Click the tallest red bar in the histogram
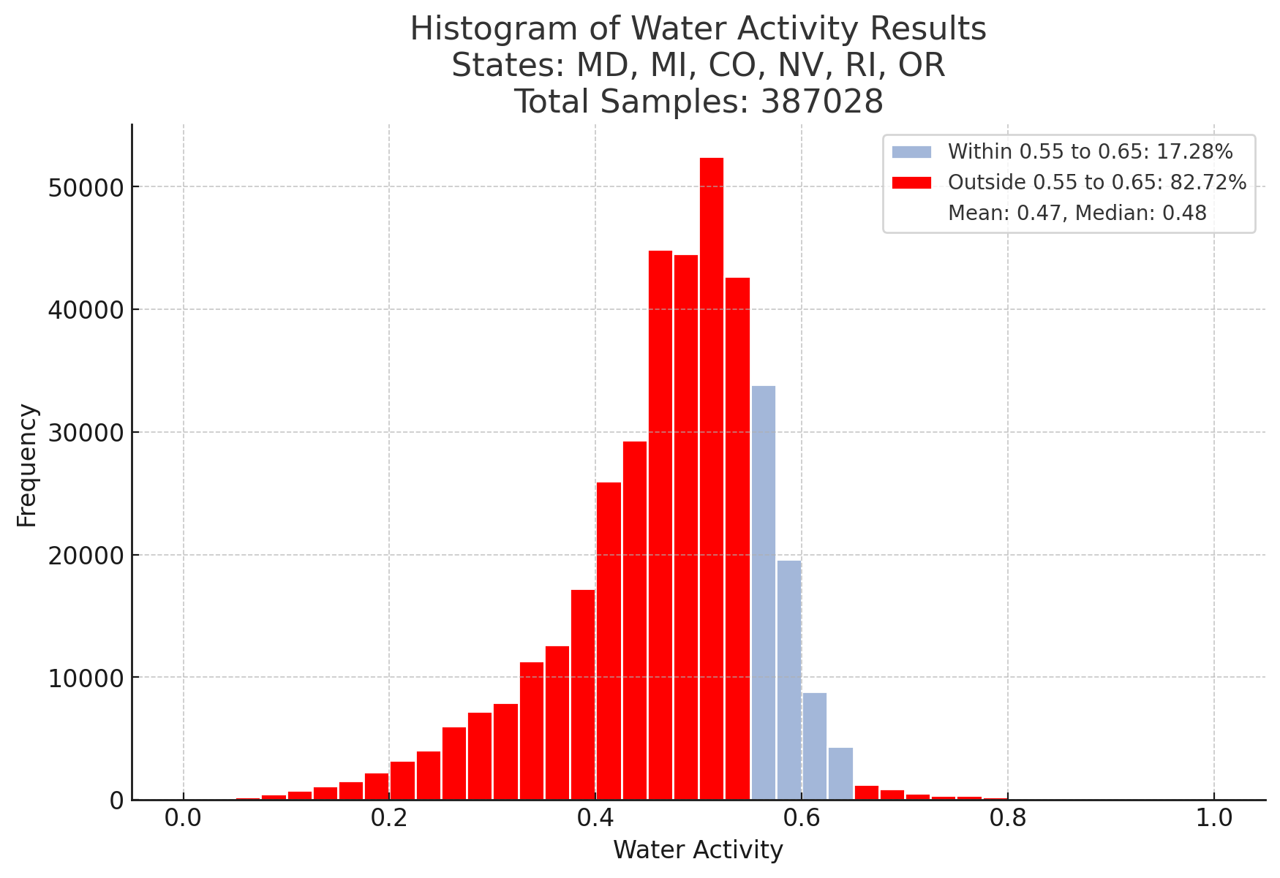(712, 479)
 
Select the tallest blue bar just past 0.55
(764, 593)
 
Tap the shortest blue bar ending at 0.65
(840, 774)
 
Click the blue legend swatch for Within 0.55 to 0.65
(911, 152)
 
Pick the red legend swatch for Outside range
(911, 183)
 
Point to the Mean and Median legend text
(1077, 213)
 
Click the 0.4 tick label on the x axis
(595, 820)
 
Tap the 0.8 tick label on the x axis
(1008, 820)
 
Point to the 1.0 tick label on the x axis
(1214, 820)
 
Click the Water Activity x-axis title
(698, 850)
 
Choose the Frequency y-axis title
(27, 465)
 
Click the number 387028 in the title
(822, 102)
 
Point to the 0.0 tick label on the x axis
(183, 820)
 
